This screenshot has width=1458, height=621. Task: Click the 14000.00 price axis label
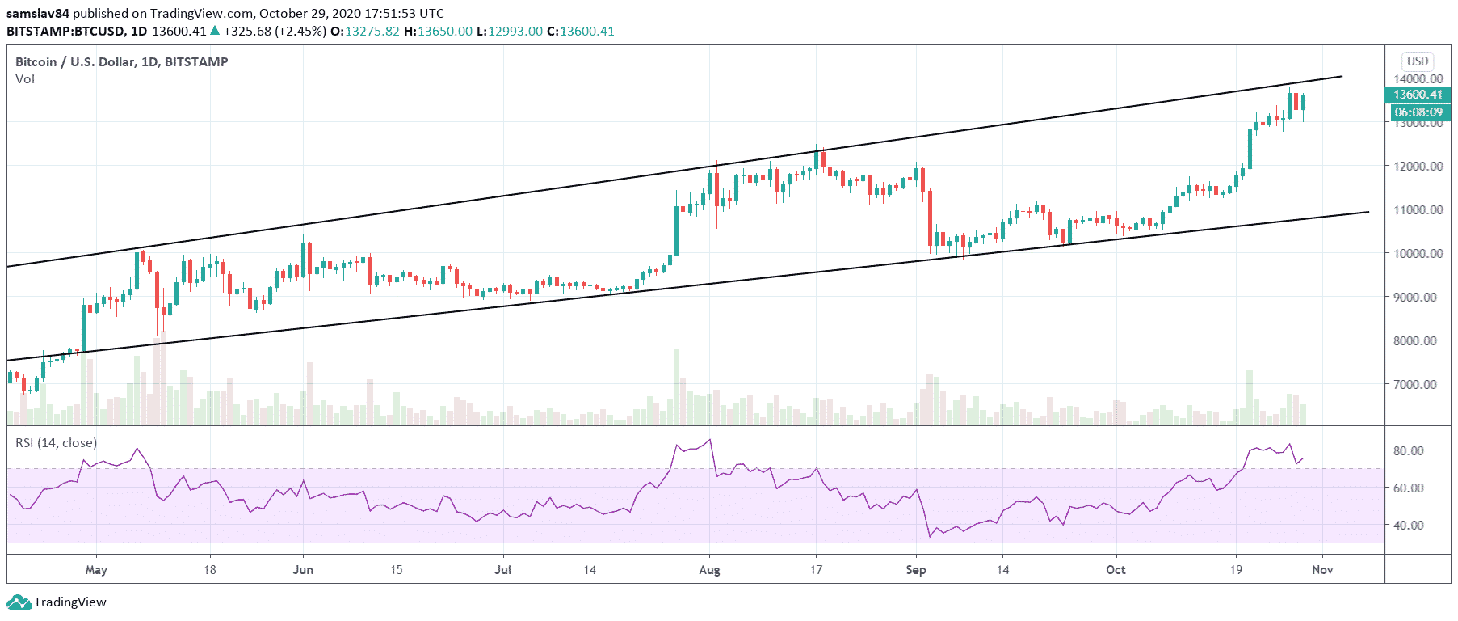(1418, 78)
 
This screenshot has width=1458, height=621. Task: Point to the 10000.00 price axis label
(1418, 253)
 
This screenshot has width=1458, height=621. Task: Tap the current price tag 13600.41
(1418, 95)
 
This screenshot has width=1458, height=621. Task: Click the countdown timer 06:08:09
(1418, 112)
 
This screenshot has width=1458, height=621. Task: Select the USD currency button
(1418, 61)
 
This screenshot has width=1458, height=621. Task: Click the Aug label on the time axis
(709, 570)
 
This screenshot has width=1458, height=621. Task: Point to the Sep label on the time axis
(916, 570)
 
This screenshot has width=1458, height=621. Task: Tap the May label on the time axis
(96, 570)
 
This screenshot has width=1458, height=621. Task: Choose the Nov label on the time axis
(1322, 570)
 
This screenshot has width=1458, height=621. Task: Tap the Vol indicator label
(25, 79)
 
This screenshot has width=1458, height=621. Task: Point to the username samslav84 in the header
(38, 14)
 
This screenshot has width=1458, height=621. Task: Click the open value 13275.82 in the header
(372, 32)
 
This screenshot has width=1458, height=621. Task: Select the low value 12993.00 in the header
(515, 32)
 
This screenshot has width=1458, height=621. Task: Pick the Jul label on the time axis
(502, 570)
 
